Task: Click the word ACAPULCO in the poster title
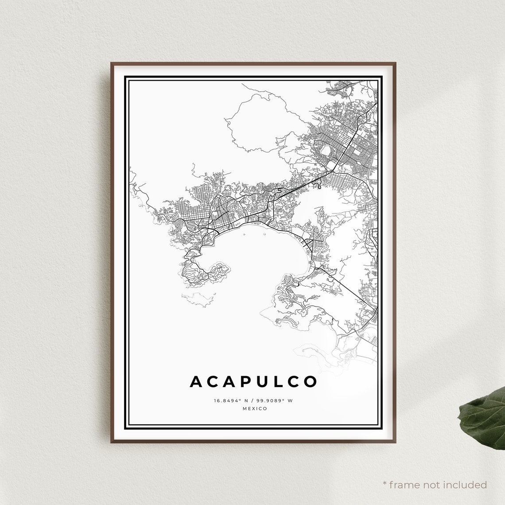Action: click(253, 381)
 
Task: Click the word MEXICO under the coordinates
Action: click(255, 408)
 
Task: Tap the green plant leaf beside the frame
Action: click(483, 419)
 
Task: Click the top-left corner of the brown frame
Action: click(112, 63)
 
